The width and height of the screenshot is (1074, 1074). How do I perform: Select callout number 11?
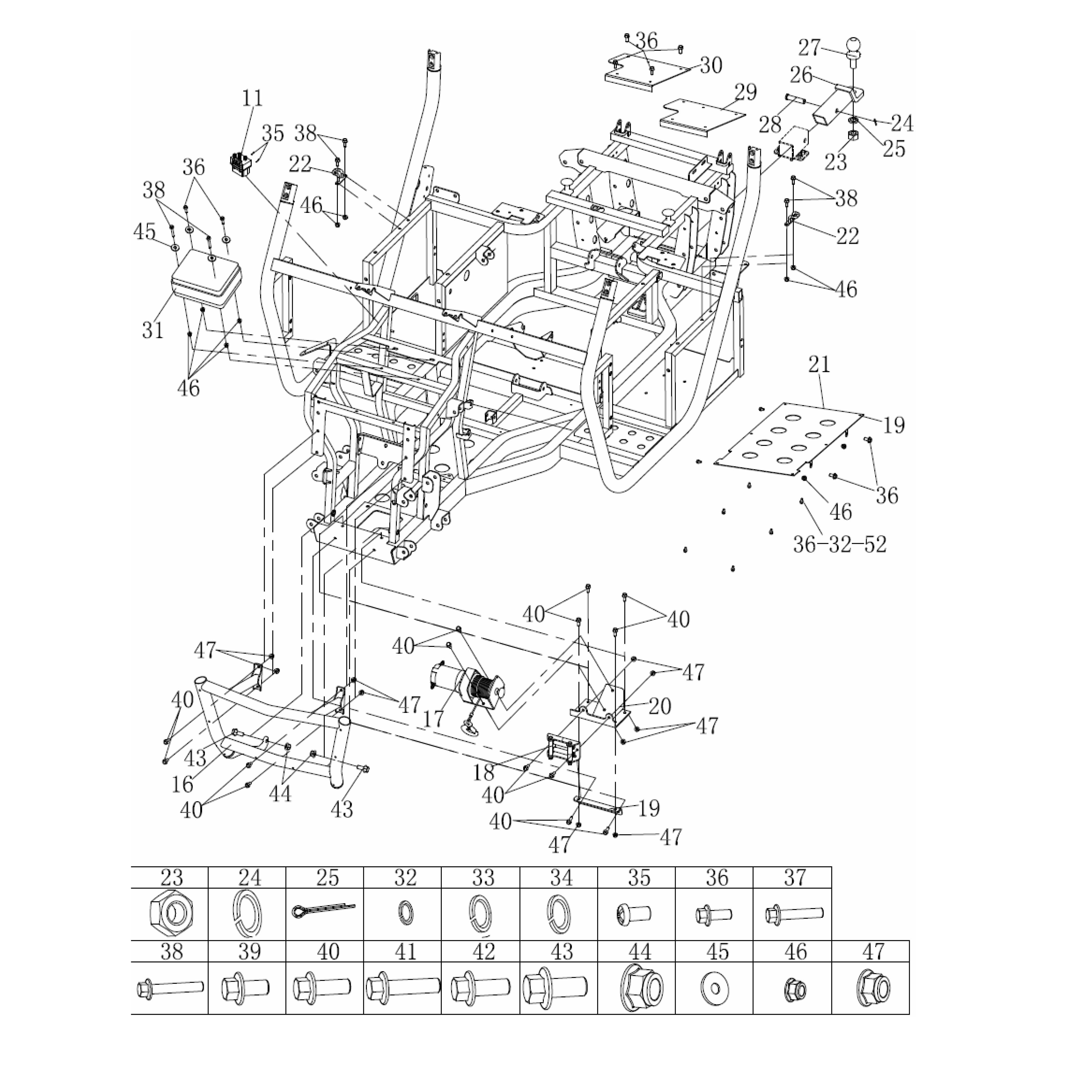[x=252, y=98]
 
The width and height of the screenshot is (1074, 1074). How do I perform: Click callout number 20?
[x=660, y=706]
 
